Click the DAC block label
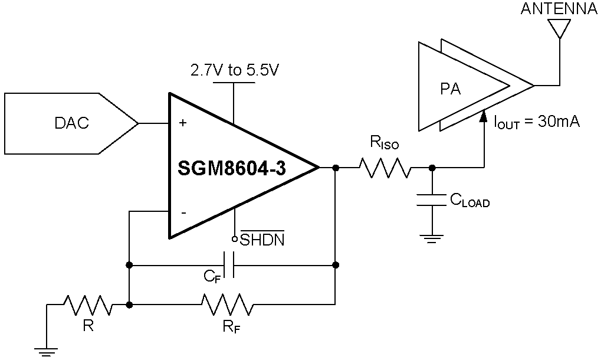coord(71,123)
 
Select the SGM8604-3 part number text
coord(232,169)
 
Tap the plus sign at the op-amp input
coord(183,123)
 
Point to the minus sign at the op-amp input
coord(183,213)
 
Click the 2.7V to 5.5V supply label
coord(234,70)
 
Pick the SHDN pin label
coord(262,240)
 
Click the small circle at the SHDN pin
coord(234,239)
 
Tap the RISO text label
coord(384,142)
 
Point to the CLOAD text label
coord(470,201)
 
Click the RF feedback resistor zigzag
coord(227,305)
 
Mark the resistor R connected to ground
coord(88,305)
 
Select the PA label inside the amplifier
coord(451,89)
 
